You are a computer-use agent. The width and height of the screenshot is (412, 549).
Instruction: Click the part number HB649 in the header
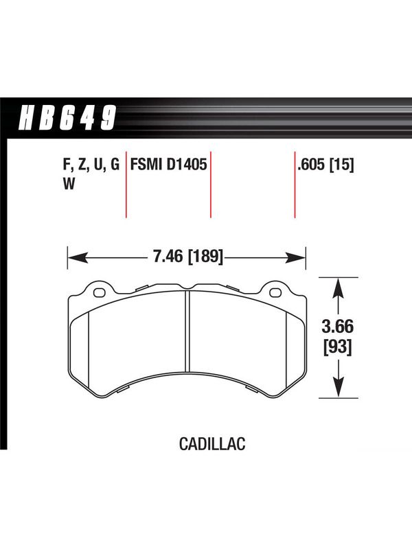[67, 117]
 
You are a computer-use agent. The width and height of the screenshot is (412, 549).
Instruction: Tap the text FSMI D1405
[168, 164]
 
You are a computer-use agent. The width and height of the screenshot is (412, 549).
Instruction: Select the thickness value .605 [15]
[325, 165]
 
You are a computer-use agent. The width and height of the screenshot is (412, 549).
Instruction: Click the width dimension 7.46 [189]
[187, 256]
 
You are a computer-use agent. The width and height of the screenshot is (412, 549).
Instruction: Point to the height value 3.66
[338, 327]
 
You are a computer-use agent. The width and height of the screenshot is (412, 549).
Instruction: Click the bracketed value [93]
[338, 347]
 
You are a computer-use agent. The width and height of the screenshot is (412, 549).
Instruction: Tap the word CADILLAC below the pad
[212, 444]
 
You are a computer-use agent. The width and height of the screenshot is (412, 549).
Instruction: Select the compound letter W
[69, 183]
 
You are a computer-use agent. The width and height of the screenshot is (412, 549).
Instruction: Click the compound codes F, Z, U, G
[91, 165]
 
